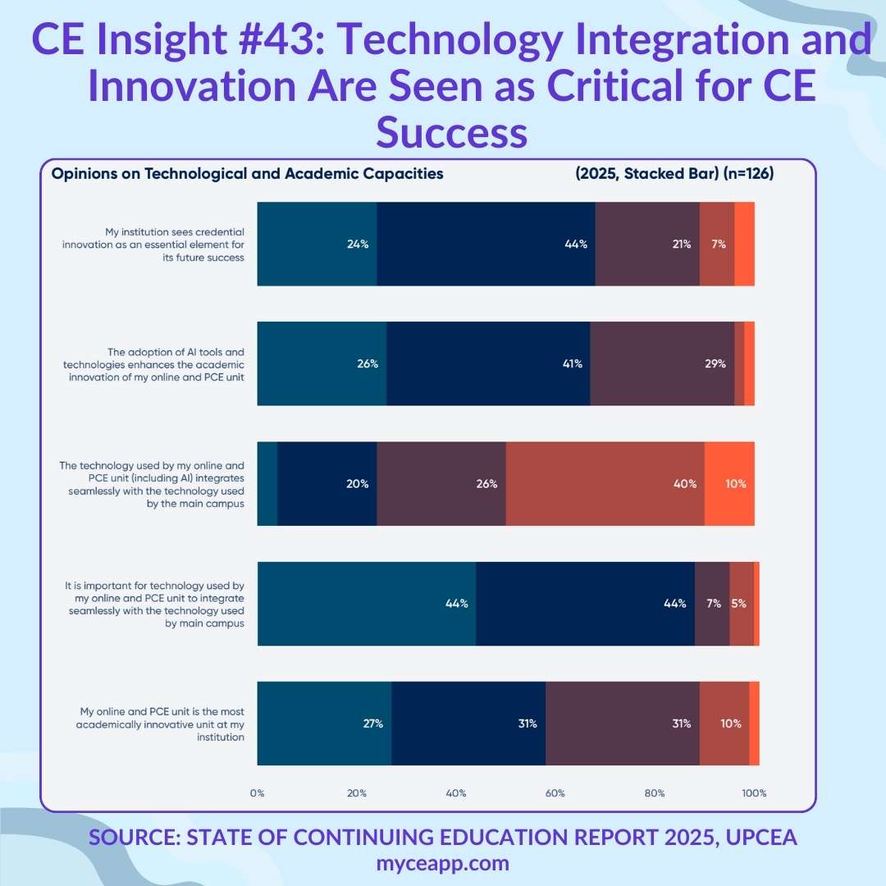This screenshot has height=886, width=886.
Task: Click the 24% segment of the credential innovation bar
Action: [317, 244]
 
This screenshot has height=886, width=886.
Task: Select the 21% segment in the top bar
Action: [647, 244]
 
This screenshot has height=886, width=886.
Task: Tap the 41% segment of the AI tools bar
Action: [488, 363]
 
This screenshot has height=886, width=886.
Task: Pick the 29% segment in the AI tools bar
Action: [662, 363]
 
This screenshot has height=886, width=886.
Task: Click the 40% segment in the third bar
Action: [605, 483]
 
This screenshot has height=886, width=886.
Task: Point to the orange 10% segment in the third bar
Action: [729, 483]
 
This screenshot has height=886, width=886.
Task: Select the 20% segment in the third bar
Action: [327, 483]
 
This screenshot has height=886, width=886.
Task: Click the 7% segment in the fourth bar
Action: [712, 604]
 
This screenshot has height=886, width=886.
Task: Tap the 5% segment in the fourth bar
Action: [741, 604]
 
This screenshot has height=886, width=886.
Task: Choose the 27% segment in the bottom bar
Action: [324, 724]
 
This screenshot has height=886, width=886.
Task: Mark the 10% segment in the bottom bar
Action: [724, 724]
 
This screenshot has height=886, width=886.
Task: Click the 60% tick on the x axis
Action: [555, 793]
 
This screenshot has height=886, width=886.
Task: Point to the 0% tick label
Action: [258, 793]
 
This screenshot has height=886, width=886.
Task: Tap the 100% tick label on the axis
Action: [754, 793]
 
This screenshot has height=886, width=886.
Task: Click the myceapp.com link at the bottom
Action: [443, 863]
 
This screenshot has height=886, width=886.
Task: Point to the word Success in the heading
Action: [451, 132]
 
